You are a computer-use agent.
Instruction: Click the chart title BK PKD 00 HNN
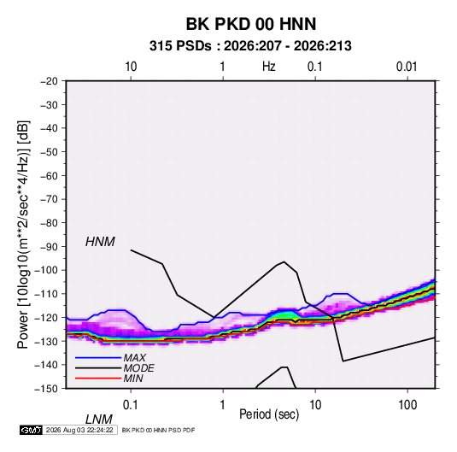pos(250,24)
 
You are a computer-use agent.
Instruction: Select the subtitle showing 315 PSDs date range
pos(250,46)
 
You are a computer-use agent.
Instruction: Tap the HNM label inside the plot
pos(100,242)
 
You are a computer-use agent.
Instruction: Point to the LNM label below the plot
pos(98,420)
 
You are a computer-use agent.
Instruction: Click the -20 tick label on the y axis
pos(49,81)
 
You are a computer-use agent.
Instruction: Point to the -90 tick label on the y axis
pos(49,247)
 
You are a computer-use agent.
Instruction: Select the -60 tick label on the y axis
pos(49,175)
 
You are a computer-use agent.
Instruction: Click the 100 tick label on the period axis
pos(407,405)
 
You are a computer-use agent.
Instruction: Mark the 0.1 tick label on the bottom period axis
pos(130,405)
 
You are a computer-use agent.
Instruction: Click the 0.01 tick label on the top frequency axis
pos(407,67)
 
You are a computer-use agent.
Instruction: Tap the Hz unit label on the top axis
pos(269,67)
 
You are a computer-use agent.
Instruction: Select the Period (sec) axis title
pos(269,414)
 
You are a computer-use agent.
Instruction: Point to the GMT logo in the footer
pos(31,430)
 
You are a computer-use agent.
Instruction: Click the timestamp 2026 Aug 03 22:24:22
pos(79,430)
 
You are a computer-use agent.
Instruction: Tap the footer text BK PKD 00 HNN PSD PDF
pos(158,430)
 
